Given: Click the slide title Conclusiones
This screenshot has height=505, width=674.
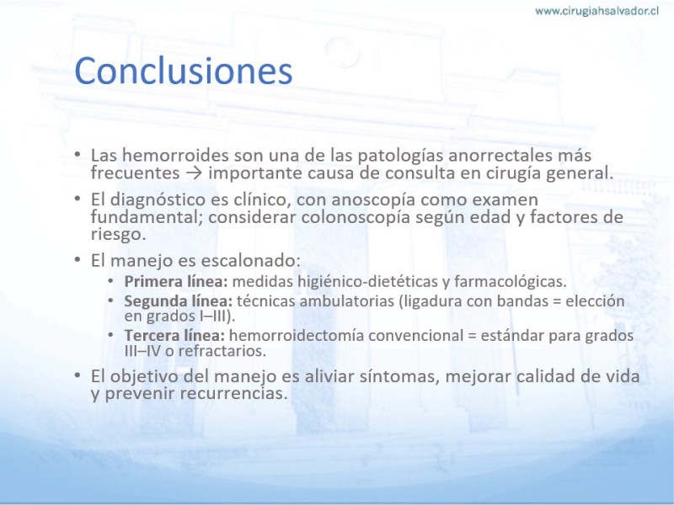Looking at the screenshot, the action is pos(184,71).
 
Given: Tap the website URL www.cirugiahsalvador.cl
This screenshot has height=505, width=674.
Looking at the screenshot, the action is pos(596,11).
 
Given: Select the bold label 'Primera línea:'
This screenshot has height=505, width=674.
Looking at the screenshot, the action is pos(176,282).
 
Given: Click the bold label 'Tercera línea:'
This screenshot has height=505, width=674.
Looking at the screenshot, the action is pos(174,335).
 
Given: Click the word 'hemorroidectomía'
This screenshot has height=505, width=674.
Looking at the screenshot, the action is pos(297,335).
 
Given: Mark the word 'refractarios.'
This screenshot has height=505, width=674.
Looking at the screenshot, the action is pos(222,351).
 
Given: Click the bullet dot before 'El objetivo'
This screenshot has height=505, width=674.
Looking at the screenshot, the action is pos(78,375).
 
